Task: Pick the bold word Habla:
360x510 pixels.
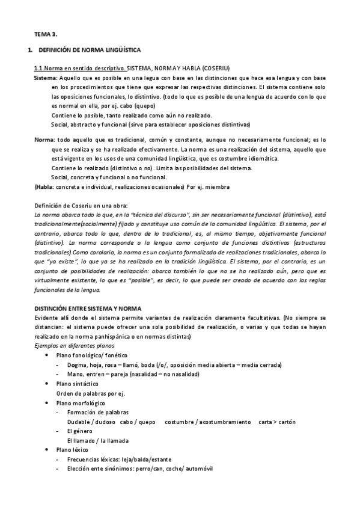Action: coord(45,187)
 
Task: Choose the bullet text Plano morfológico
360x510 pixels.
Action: coord(81,402)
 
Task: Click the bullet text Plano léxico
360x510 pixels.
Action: coord(72,450)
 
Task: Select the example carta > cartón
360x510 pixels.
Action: coord(277,422)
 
